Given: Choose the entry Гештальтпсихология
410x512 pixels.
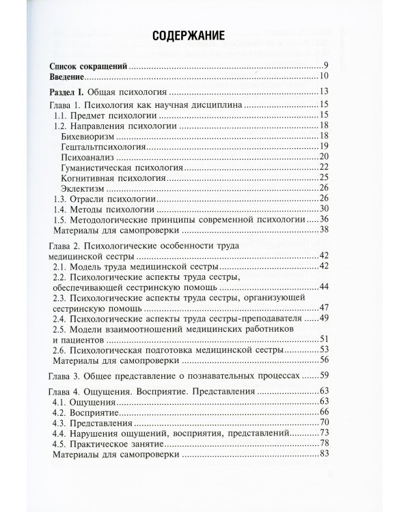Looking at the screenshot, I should pos(103,147).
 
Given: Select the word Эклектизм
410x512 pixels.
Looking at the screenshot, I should pos(85,188).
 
